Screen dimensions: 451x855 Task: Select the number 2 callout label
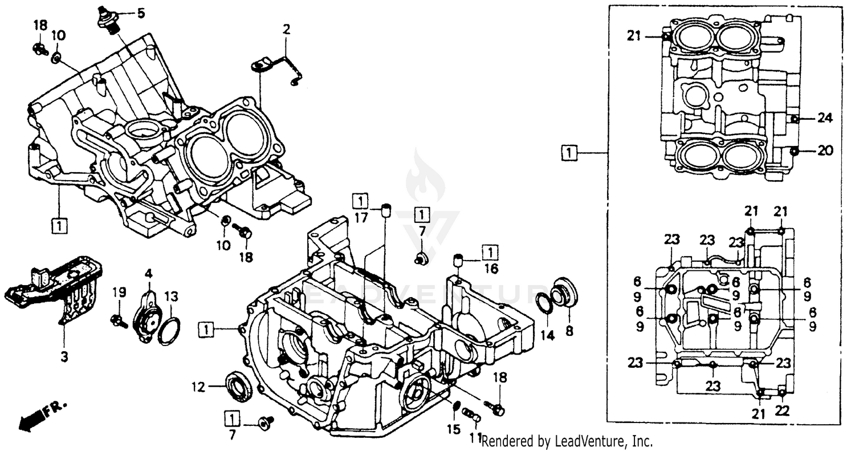[287, 29]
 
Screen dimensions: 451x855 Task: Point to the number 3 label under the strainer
[64, 357]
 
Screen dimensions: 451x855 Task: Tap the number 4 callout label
[149, 273]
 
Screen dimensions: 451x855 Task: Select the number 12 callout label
[197, 386]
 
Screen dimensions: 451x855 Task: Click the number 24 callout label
[825, 118]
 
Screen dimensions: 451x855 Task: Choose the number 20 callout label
[825, 151]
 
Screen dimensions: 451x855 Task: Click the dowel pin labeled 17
[386, 210]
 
